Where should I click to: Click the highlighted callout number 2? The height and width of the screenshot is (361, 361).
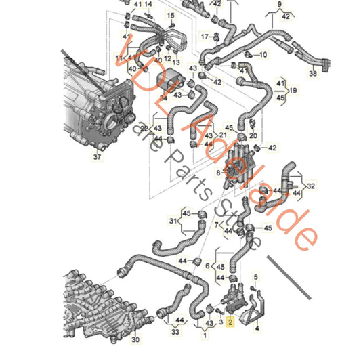click(x=230, y=323)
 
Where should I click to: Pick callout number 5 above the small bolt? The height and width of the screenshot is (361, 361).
click(x=255, y=276)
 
